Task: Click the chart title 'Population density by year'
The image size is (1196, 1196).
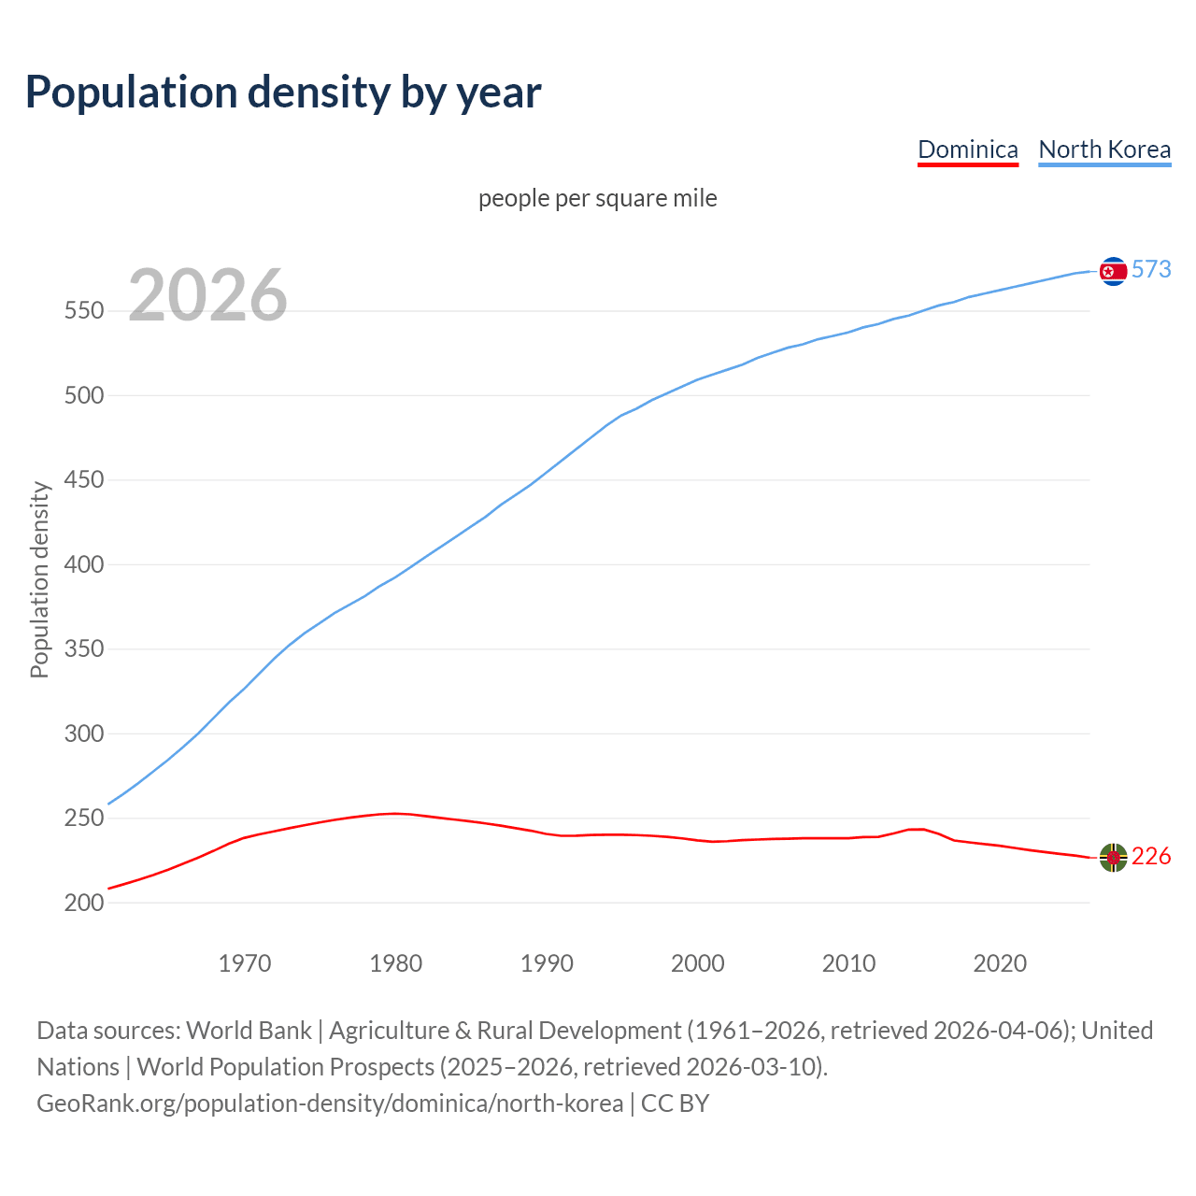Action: point(283,92)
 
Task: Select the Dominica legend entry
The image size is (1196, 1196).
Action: point(967,149)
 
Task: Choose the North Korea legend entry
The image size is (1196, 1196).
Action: point(1104,149)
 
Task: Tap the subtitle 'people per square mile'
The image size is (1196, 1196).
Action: point(597,198)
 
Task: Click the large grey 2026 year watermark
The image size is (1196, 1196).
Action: point(207,295)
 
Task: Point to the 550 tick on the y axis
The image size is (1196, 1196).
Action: point(83,311)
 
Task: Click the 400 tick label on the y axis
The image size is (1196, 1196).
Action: point(83,564)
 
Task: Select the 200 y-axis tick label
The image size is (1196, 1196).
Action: point(83,903)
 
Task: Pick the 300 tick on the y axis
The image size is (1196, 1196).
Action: point(83,733)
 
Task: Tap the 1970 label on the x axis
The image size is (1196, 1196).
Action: point(245,962)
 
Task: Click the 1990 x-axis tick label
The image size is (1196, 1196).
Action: point(547,962)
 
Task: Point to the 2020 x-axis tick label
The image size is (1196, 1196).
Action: point(1000,962)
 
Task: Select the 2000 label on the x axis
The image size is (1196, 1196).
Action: point(698,962)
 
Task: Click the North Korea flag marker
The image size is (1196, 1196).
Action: point(1113,271)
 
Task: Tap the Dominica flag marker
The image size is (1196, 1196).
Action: point(1113,857)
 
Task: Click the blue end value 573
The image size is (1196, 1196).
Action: point(1151,269)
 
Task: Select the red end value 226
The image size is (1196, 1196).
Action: point(1151,856)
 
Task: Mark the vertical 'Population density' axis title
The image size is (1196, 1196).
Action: point(39,579)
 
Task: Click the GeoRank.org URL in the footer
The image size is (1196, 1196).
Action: point(330,1103)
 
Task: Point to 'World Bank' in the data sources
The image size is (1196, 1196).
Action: point(249,1030)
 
